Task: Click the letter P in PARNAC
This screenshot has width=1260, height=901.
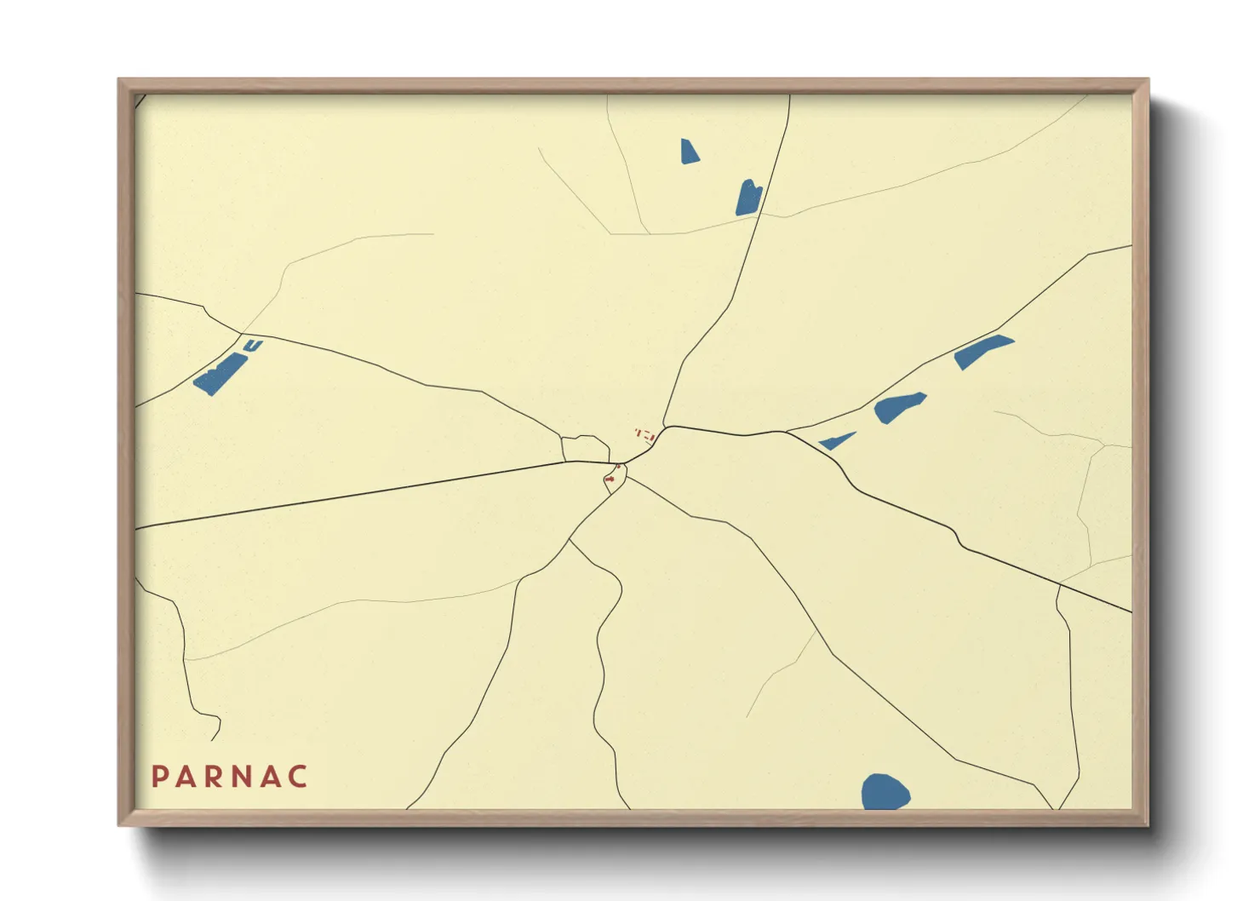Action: (159, 777)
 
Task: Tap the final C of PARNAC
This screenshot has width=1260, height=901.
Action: (298, 777)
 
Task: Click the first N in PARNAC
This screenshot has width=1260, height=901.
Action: (243, 777)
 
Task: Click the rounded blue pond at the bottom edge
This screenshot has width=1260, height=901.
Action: (885, 792)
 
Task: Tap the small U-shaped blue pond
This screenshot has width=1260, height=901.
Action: (253, 345)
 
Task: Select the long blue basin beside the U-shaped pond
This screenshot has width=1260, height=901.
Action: (220, 374)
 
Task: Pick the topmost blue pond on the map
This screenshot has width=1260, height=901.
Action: (689, 152)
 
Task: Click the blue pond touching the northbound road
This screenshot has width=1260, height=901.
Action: (748, 198)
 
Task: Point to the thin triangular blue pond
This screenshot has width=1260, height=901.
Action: (837, 441)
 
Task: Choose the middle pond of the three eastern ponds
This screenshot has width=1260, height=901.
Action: (898, 407)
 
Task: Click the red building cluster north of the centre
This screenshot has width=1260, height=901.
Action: (646, 434)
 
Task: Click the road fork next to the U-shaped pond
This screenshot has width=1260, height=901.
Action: (242, 333)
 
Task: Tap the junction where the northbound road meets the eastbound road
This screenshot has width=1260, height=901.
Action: (666, 427)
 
